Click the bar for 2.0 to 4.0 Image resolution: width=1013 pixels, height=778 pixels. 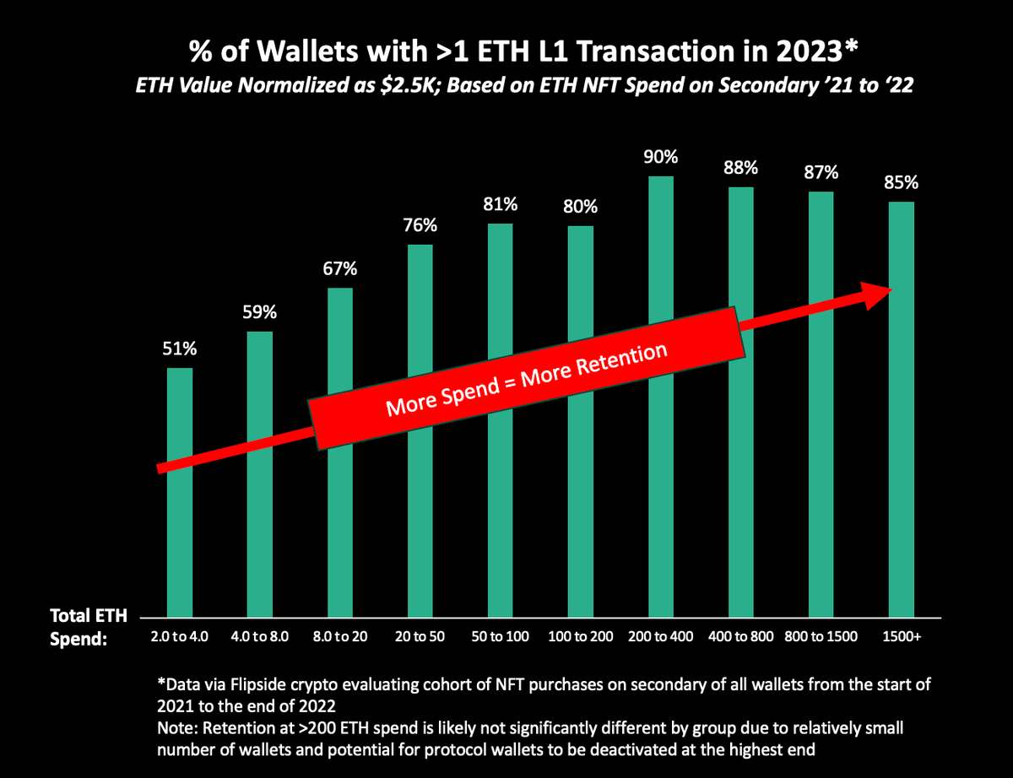[x=180, y=523]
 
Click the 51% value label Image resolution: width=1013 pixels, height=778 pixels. [x=180, y=348]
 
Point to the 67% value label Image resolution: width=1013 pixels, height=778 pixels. [x=340, y=268]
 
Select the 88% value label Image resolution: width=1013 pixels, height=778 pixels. [x=741, y=167]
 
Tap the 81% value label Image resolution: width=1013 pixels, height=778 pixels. [x=501, y=204]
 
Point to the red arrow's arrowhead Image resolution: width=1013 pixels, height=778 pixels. [x=878, y=290]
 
